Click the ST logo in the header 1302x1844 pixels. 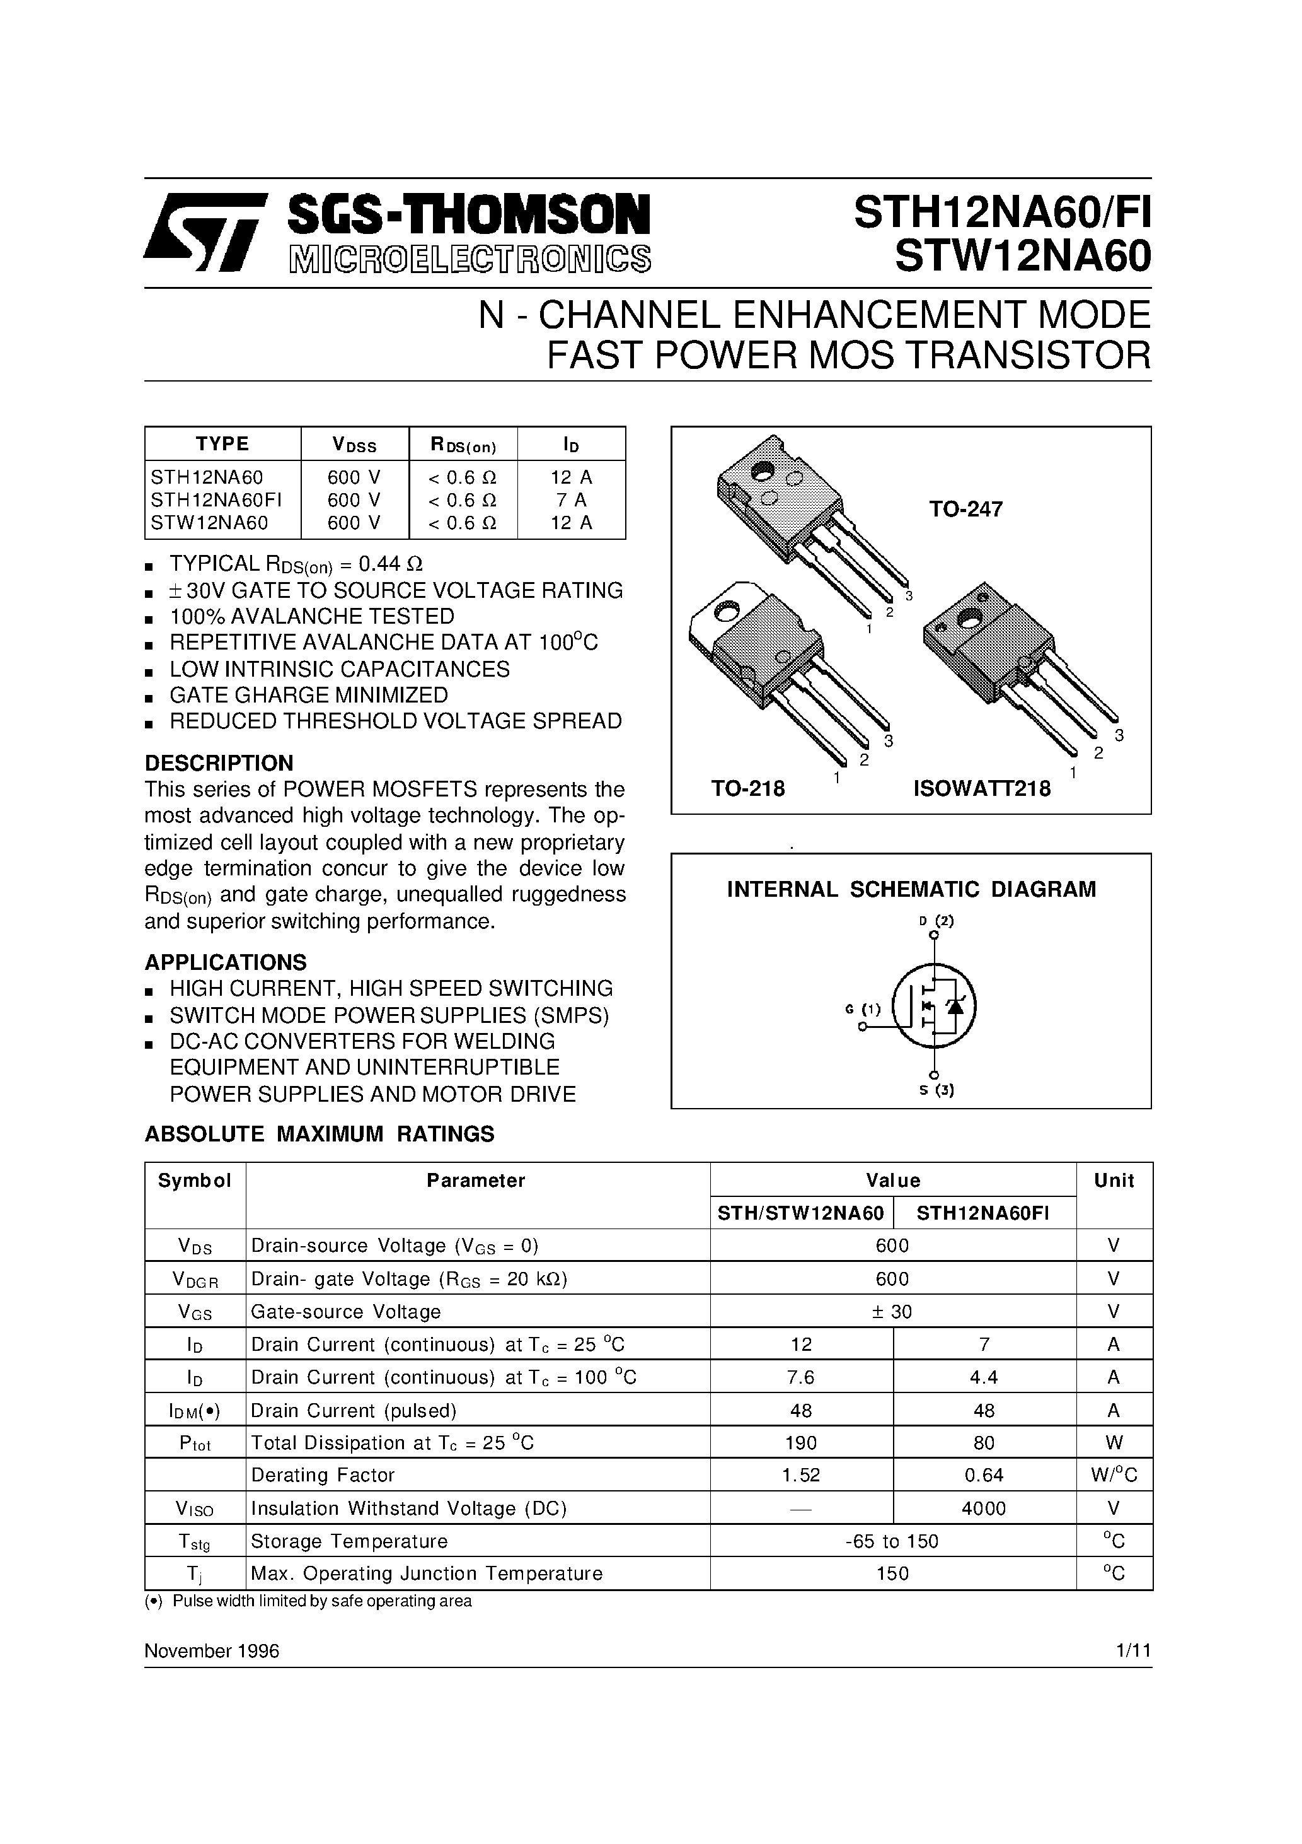(204, 231)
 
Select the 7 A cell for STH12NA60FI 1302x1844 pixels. (571, 500)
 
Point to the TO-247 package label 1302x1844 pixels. (965, 509)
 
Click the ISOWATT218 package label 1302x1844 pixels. (981, 789)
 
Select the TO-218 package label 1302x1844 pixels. (747, 789)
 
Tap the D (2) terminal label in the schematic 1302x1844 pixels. (936, 921)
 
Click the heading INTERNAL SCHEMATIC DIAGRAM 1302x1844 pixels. (911, 889)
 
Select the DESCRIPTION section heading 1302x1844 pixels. (218, 763)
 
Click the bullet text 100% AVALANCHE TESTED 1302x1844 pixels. (311, 616)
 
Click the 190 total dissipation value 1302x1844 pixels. (800, 1444)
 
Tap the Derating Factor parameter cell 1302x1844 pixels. (323, 1475)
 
